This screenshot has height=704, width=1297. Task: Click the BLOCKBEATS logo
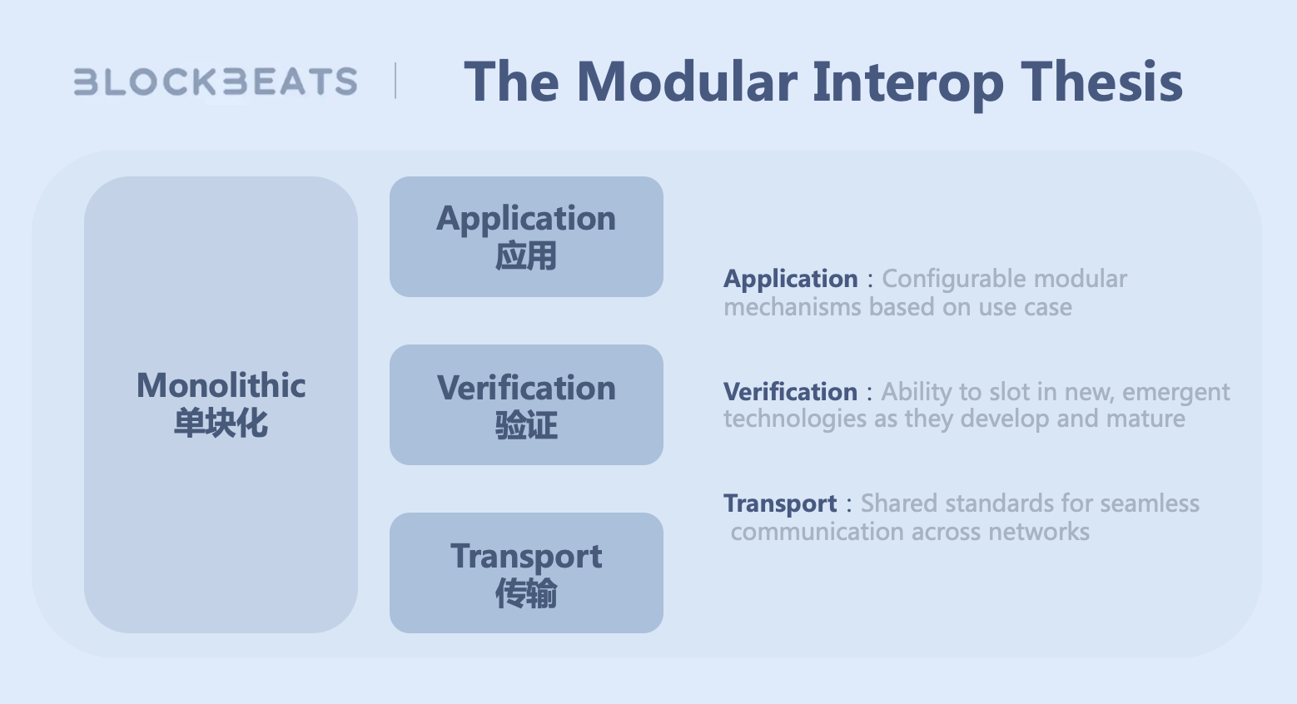point(216,81)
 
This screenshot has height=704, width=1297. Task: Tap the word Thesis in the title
point(1101,82)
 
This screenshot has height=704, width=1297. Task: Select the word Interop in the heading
point(908,85)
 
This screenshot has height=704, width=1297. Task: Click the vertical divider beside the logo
point(395,81)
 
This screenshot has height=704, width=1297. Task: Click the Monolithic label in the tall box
point(221,385)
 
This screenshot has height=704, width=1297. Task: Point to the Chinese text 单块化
point(221,423)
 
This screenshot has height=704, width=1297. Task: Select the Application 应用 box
point(526,237)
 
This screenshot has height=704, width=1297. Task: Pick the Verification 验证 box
point(526,404)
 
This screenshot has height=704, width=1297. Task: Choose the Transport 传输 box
point(526,573)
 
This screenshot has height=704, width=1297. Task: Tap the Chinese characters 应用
point(526,256)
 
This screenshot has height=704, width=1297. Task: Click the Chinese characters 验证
point(526,425)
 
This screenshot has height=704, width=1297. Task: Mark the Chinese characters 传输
point(526,593)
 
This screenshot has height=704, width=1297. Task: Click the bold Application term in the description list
point(791,280)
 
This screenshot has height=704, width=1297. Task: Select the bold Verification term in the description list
point(790,392)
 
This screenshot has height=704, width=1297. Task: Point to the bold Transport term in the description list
point(780,504)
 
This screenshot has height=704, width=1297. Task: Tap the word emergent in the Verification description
point(1176,393)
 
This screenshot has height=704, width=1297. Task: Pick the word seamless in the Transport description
point(1150,503)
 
